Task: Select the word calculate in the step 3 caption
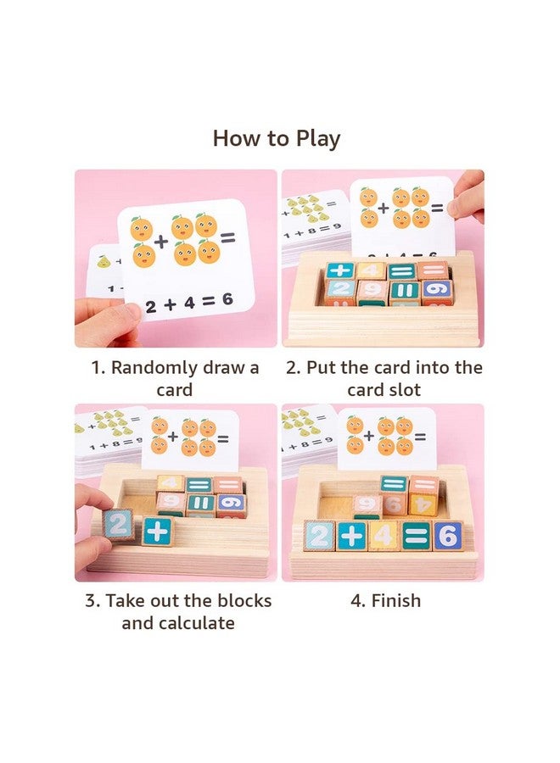pos(193,623)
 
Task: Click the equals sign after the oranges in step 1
pos(227,239)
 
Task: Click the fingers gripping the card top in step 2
pos(468,197)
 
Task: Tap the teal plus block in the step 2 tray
pos(340,270)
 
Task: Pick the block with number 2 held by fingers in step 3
pos(120,526)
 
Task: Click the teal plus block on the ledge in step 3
pos(156,531)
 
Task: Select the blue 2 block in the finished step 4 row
pos(318,536)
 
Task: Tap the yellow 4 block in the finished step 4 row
pos(383,536)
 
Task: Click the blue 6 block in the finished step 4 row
pos(447,536)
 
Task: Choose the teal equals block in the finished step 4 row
pos(416,536)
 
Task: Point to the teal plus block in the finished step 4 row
pos(350,536)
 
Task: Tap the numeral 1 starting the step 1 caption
pos(96,368)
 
